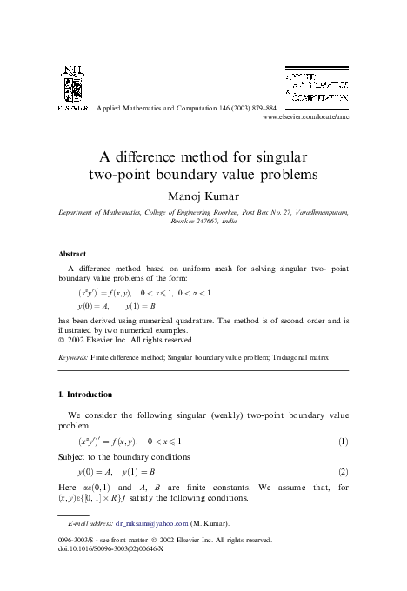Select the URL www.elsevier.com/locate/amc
(304, 116)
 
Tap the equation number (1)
(344, 442)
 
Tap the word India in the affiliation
(229, 222)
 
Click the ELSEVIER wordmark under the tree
(71, 108)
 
